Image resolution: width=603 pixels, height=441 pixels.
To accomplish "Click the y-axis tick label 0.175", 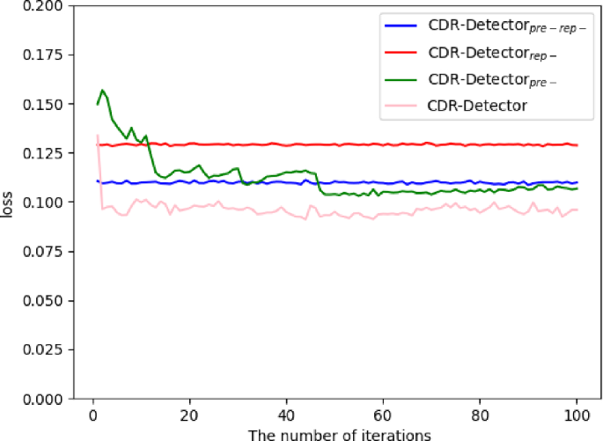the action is (x=42, y=55).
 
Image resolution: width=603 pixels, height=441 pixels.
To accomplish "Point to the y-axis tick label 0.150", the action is (x=42, y=104).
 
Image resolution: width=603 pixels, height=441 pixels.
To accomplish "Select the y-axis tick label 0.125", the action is (x=42, y=153).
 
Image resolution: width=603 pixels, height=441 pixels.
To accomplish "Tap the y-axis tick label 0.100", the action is (x=42, y=202).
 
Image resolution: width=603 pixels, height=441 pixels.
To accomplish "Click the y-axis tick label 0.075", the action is (x=42, y=252).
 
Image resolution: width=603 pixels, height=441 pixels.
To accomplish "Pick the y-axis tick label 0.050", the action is (x=42, y=301).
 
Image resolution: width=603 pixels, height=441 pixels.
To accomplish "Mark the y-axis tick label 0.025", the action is (x=42, y=349).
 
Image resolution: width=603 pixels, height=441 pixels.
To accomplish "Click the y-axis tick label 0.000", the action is (x=42, y=399).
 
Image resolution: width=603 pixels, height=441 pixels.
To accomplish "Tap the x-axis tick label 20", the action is (x=189, y=415).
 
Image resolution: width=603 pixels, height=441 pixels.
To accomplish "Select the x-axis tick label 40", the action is (x=286, y=415).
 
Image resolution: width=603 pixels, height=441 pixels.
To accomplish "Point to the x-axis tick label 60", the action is (x=383, y=415).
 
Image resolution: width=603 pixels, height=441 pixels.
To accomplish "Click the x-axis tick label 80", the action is (x=480, y=415).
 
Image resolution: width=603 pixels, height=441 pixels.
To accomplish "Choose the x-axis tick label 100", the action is (x=576, y=415).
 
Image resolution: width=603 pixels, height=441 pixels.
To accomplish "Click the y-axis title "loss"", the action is (x=6, y=204).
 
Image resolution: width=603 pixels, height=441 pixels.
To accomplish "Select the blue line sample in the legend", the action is (x=401, y=26).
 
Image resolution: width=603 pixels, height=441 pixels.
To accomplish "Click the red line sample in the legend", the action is (x=401, y=52).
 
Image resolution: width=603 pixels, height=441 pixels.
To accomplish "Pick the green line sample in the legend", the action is (x=401, y=80).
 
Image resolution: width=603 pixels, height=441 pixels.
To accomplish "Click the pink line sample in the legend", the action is (x=401, y=106).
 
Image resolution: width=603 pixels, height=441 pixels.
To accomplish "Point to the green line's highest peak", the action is (x=102, y=90).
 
